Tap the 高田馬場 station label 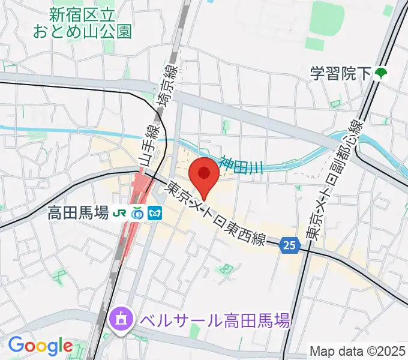[79, 212]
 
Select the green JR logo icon [121, 213]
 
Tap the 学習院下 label [341, 74]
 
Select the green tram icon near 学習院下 [381, 74]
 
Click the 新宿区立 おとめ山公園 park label [92, 22]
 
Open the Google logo [40, 346]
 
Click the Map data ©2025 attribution [358, 351]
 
